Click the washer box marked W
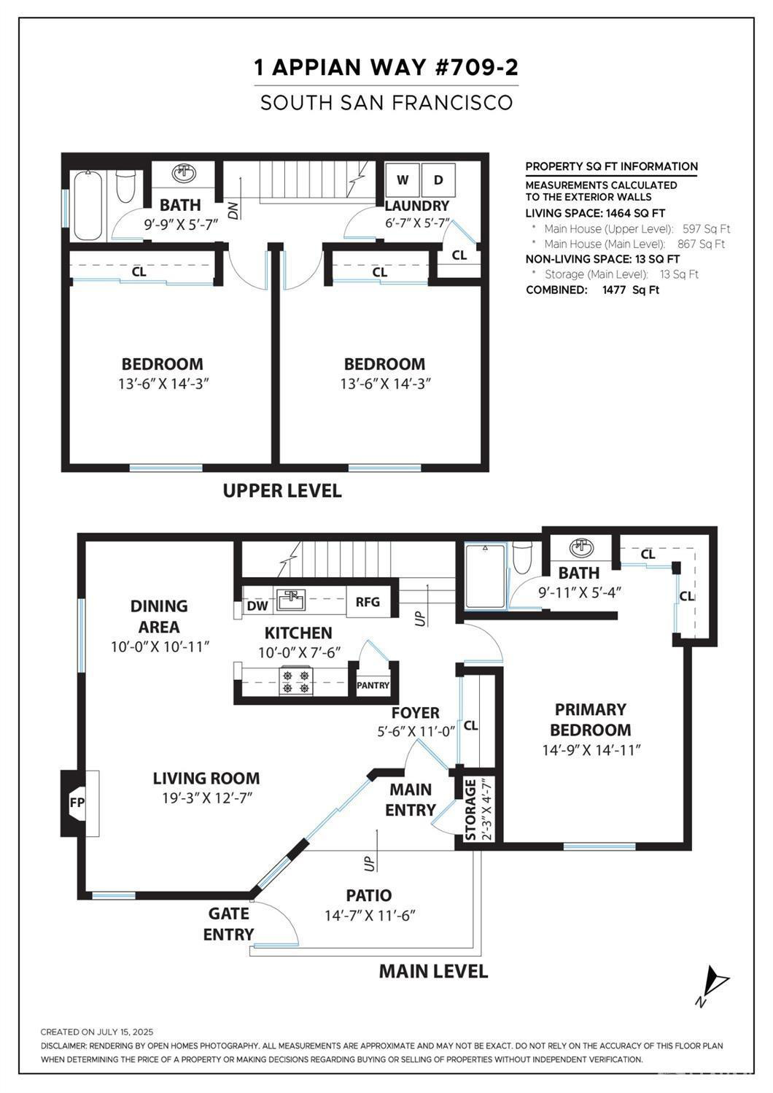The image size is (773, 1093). (403, 180)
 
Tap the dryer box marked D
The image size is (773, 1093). (438, 180)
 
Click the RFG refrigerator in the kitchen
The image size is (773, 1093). (368, 602)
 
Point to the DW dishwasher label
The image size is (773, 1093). (257, 606)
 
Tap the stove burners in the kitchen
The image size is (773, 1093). (296, 681)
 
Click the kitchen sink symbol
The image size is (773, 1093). (291, 599)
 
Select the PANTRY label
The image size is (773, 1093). (373, 685)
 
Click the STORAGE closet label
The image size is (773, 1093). (470, 810)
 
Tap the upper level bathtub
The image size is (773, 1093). (88, 206)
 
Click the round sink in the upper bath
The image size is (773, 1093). (184, 173)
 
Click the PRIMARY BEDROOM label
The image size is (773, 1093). (591, 719)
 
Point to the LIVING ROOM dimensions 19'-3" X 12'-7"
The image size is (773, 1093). (206, 798)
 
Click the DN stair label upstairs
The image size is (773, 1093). (234, 212)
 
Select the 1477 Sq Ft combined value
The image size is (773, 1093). (631, 290)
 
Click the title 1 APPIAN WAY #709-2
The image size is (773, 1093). (386, 68)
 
